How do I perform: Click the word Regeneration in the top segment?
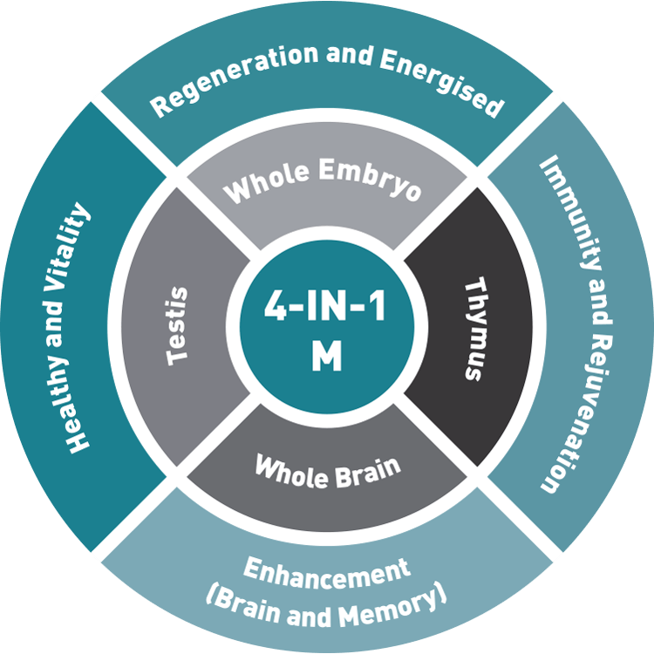(235, 77)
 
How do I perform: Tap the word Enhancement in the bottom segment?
(326, 574)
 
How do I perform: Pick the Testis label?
(176, 326)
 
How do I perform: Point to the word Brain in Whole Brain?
(368, 473)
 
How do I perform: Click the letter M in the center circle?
(327, 356)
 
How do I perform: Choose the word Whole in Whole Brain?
(291, 471)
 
